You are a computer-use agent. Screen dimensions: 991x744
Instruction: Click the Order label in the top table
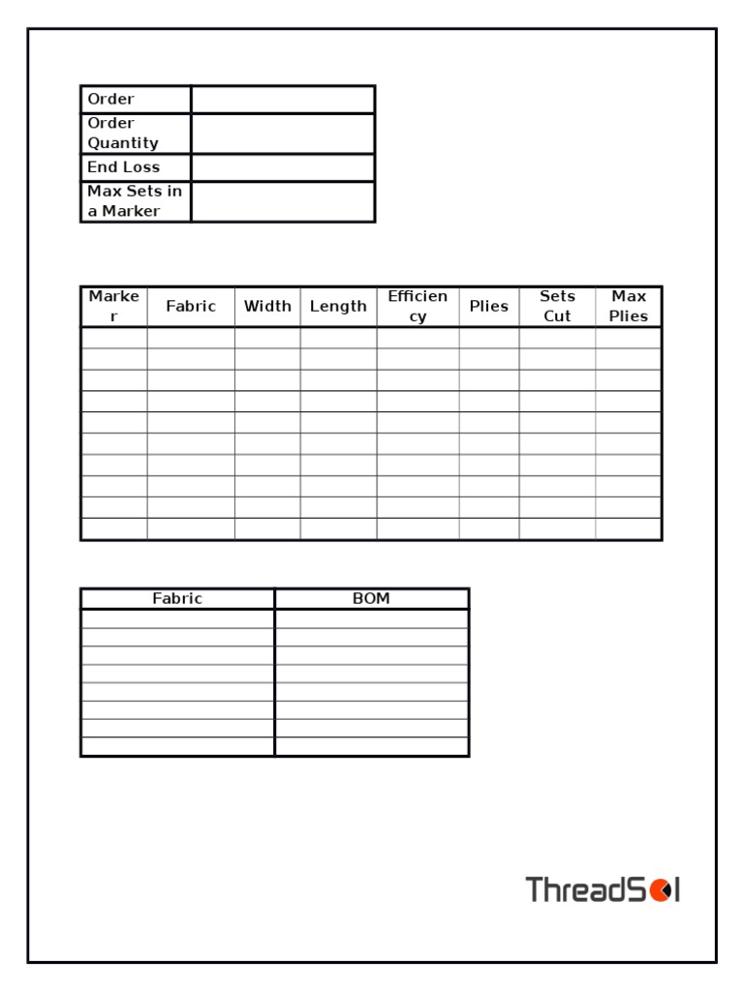pyautogui.click(x=111, y=99)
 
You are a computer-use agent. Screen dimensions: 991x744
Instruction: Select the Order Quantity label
pyautogui.click(x=123, y=134)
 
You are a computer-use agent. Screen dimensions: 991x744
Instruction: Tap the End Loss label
pyautogui.click(x=124, y=167)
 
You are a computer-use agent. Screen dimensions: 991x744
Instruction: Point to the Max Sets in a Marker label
pyautogui.click(x=135, y=201)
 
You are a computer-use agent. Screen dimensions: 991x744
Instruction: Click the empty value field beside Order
pyautogui.click(x=282, y=99)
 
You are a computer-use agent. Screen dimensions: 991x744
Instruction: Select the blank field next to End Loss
pyautogui.click(x=282, y=167)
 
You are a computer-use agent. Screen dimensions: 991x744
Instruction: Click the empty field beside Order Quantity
pyautogui.click(x=282, y=134)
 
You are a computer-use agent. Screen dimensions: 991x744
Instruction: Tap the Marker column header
pyautogui.click(x=114, y=307)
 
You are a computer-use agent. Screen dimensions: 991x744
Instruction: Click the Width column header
pyautogui.click(x=267, y=307)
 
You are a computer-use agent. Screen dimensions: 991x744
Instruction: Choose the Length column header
pyautogui.click(x=338, y=307)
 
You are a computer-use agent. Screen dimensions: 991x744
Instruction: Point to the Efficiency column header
pyautogui.click(x=418, y=307)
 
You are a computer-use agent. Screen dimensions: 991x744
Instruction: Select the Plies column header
pyautogui.click(x=488, y=307)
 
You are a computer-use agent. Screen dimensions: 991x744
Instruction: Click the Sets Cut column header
pyautogui.click(x=557, y=307)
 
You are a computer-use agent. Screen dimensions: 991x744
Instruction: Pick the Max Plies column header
pyautogui.click(x=629, y=307)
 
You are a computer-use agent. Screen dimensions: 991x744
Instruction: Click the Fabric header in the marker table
pyautogui.click(x=191, y=307)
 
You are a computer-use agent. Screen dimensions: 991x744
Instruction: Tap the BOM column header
pyautogui.click(x=371, y=599)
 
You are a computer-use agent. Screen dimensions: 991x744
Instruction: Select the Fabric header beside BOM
pyautogui.click(x=177, y=599)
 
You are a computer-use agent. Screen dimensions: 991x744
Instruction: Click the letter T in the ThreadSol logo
pyautogui.click(x=536, y=889)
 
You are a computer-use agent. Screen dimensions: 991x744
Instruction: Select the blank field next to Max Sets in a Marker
pyautogui.click(x=282, y=201)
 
